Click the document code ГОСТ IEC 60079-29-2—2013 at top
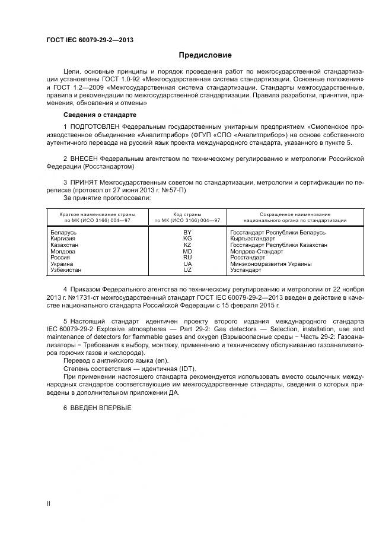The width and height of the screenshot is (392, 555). coord(90,40)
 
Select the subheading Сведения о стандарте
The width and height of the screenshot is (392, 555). coord(100,114)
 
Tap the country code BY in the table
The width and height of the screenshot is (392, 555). coord(187,232)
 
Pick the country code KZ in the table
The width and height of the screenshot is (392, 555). coord(187,245)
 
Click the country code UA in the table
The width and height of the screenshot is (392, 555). coord(187,264)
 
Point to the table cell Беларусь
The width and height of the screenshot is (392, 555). coord(64,232)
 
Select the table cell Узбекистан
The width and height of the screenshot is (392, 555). coord(66,270)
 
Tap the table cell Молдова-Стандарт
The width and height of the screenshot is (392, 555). coord(256,251)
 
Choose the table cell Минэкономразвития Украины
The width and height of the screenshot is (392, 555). coord(270,264)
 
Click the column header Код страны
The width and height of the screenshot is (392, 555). coord(187,214)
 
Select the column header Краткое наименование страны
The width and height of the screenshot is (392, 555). coord(97,214)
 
